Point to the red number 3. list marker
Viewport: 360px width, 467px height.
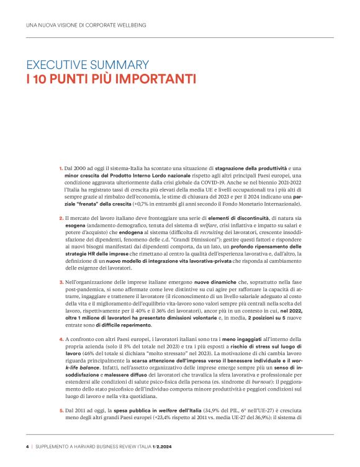coord(61,282)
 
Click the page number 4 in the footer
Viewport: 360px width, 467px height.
coord(27,446)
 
